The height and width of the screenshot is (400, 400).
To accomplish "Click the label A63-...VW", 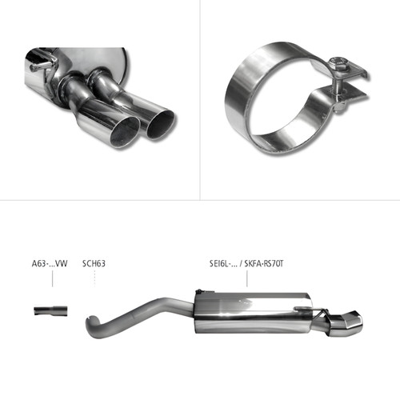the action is (x=50, y=263).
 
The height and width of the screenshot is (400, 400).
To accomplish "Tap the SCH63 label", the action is (x=94, y=263).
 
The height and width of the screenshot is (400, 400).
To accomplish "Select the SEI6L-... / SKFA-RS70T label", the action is (x=246, y=263).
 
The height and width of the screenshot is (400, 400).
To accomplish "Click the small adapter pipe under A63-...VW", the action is (x=50, y=310).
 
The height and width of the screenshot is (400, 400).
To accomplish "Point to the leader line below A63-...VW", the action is (x=52, y=278).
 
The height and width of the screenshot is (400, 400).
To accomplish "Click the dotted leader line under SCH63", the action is (x=95, y=278).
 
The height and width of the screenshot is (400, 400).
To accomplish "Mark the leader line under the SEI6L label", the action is (x=247, y=278).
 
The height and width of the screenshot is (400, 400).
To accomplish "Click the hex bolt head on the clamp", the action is (x=337, y=62).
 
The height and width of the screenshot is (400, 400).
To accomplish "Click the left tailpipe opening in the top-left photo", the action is (x=125, y=133).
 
